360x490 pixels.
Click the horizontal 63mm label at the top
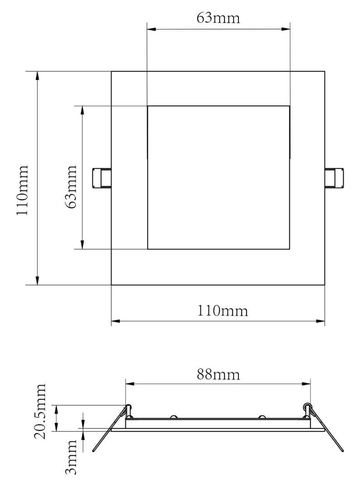218,18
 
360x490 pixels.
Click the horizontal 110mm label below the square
223,311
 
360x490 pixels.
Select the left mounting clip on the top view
102,178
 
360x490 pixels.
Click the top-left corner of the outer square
112,71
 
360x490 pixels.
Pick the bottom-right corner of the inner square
289,249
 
